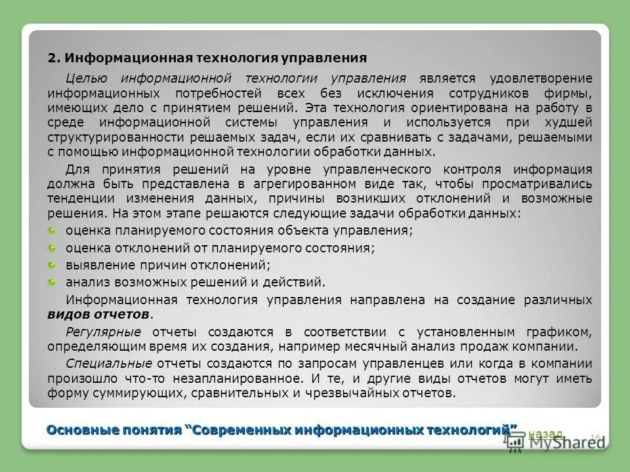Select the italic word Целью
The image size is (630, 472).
[83, 79]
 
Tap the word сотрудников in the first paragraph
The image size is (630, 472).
[470, 93]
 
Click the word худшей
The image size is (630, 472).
[570, 123]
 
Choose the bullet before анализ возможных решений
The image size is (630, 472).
[52, 283]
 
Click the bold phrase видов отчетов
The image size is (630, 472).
[98, 314]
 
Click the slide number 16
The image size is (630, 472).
[596, 437]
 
